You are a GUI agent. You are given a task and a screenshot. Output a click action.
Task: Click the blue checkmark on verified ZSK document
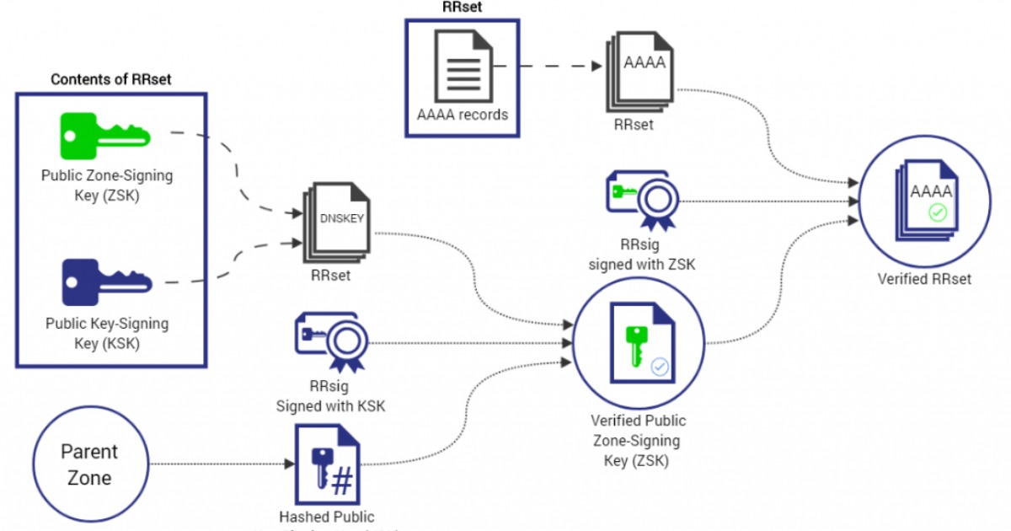click(660, 367)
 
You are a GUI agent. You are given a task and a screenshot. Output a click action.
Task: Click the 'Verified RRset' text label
click(924, 278)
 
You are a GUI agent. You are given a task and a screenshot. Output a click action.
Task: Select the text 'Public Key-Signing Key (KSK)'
click(107, 333)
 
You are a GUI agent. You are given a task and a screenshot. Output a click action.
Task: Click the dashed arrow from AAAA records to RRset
click(548, 66)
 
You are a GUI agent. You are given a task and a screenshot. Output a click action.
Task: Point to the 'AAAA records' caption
click(463, 114)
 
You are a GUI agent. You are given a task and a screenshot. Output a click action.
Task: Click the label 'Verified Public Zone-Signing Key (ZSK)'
click(638, 440)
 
